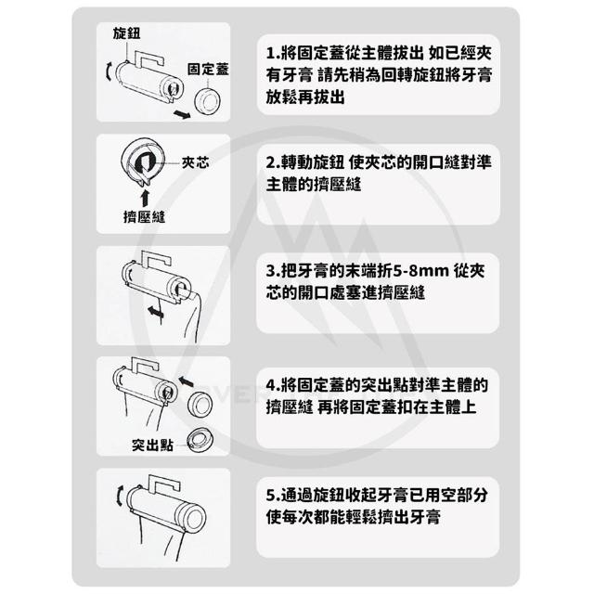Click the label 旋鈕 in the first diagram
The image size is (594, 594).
pyautogui.click(x=126, y=33)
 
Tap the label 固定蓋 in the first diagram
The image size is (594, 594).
pyautogui.click(x=208, y=69)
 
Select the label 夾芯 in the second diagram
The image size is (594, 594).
pyautogui.click(x=195, y=162)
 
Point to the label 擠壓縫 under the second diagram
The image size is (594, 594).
pyautogui.click(x=145, y=216)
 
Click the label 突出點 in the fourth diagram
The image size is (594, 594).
pyautogui.click(x=152, y=445)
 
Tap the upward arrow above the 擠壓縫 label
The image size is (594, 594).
pyautogui.click(x=145, y=198)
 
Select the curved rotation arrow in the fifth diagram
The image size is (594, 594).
pyautogui.click(x=120, y=495)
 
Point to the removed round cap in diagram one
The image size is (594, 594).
pyautogui.click(x=207, y=101)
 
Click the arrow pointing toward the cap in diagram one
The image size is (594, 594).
pyautogui.click(x=182, y=113)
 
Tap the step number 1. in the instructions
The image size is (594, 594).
pyautogui.click(x=272, y=54)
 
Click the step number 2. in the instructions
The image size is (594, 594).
pyautogui.click(x=273, y=163)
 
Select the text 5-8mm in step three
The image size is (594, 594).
pyautogui.click(x=420, y=271)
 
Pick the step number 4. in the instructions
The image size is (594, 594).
pyautogui.click(x=273, y=386)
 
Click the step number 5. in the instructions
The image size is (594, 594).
pyautogui.click(x=273, y=495)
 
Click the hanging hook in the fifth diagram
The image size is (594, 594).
pyautogui.click(x=163, y=483)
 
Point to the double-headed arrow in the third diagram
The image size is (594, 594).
pyautogui.click(x=156, y=312)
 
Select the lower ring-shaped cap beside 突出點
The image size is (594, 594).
pyautogui.click(x=200, y=440)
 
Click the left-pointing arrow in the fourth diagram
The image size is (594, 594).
pyautogui.click(x=186, y=381)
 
